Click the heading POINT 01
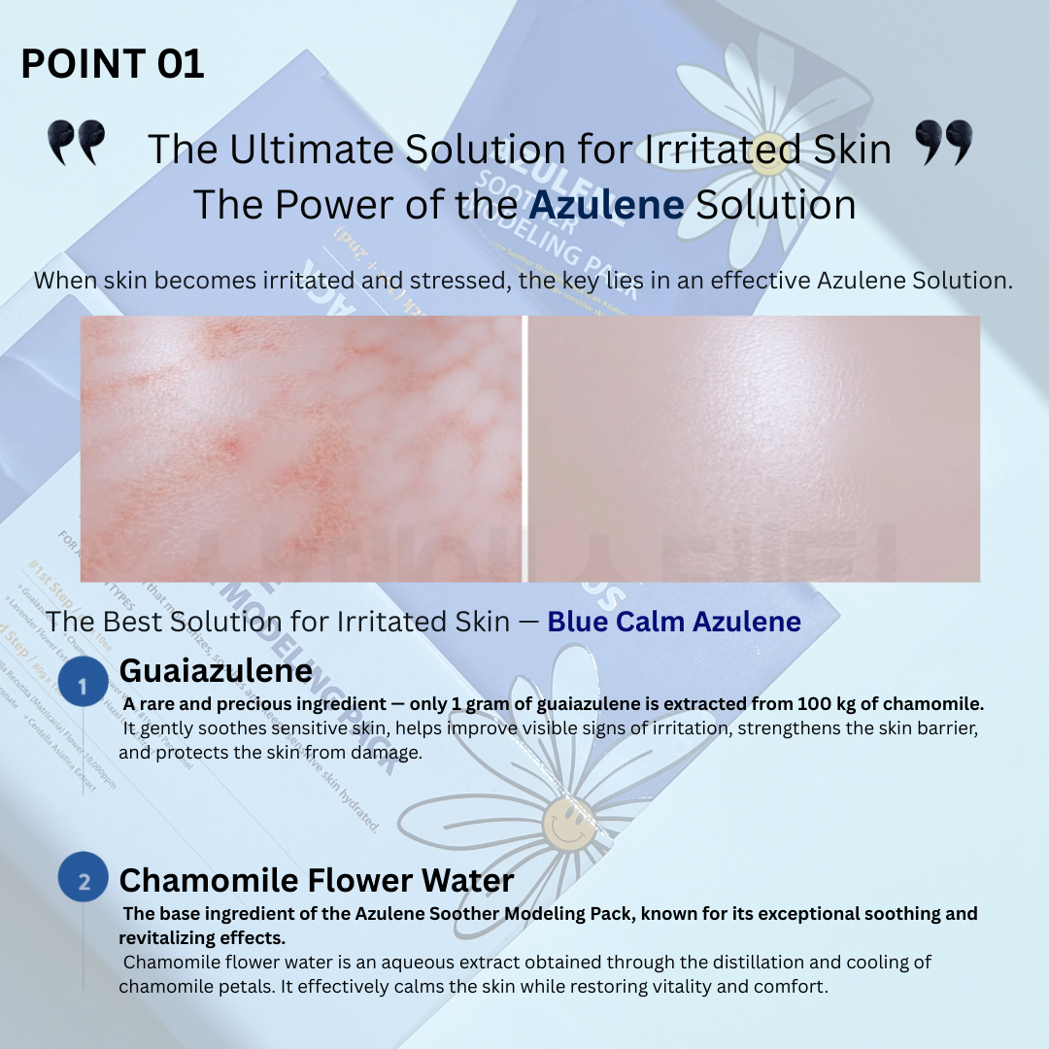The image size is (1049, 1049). pyautogui.click(x=113, y=64)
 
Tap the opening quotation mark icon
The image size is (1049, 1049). pyautogui.click(x=76, y=143)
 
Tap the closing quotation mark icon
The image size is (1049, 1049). pyautogui.click(x=943, y=143)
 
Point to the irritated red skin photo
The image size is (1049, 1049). pyautogui.click(x=301, y=448)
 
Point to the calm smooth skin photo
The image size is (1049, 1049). pyautogui.click(x=754, y=448)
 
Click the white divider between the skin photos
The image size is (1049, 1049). pyautogui.click(x=524, y=448)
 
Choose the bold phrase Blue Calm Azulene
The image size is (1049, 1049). pyautogui.click(x=674, y=622)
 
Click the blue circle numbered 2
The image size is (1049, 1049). pyautogui.click(x=84, y=881)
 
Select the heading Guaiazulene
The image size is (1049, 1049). pyautogui.click(x=216, y=670)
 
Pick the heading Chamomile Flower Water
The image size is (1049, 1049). pyautogui.click(x=316, y=880)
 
